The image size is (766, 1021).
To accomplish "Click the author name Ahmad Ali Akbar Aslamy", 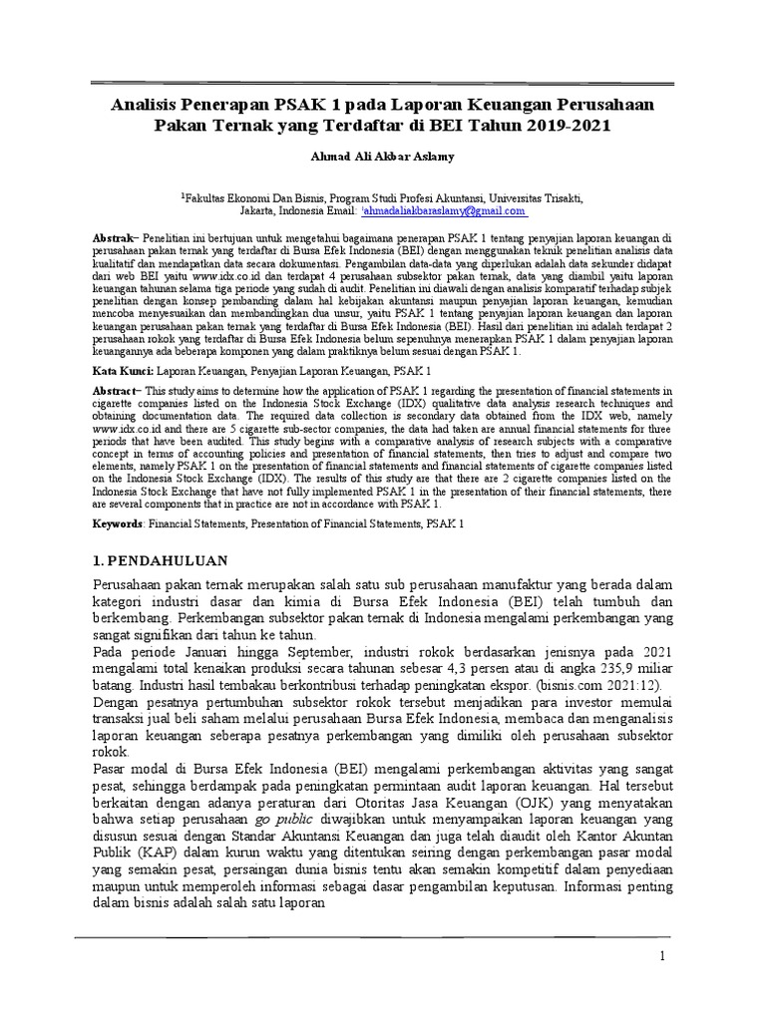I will (383, 157).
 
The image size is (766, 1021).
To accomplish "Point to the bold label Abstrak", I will (112, 240).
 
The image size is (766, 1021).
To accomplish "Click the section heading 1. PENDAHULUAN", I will (161, 560).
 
